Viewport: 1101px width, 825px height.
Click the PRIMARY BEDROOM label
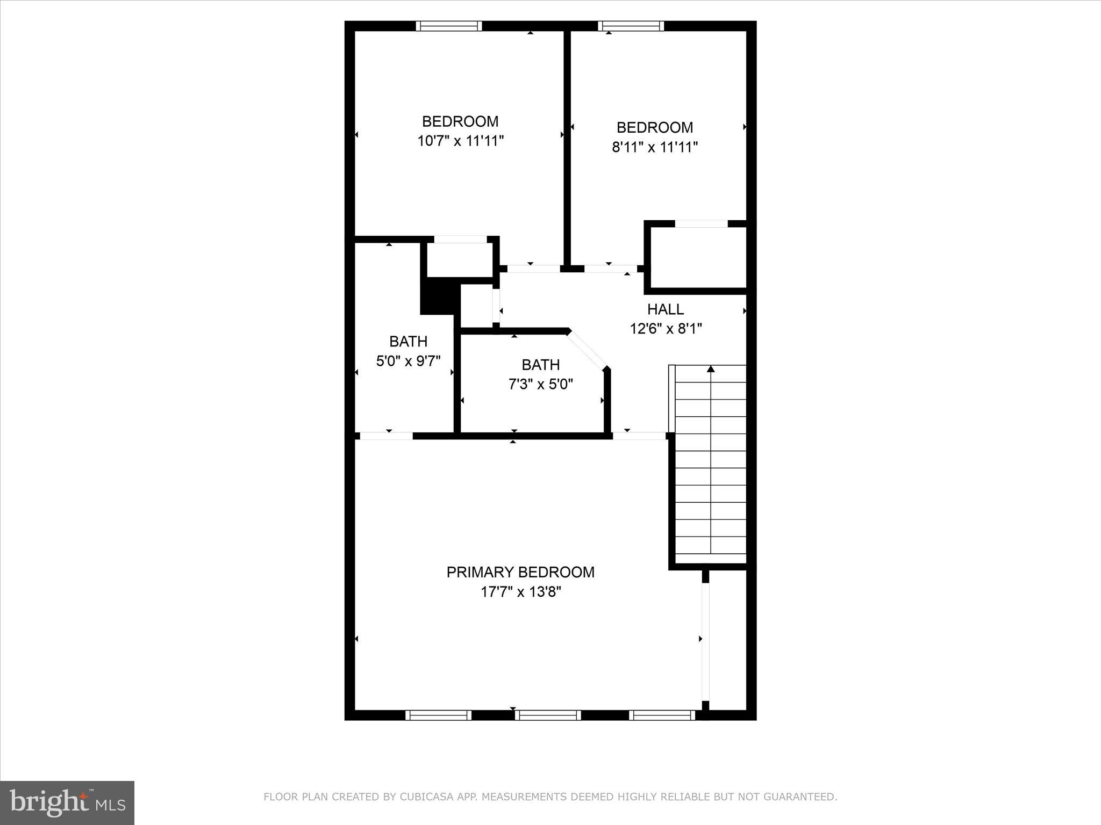point(520,572)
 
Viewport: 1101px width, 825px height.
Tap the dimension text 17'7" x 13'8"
point(520,592)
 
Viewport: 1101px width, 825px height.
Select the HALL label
point(665,309)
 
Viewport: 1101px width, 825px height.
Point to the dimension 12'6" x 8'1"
point(666,328)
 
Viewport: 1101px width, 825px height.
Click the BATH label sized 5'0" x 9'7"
point(408,341)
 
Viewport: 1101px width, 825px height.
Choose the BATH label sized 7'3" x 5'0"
point(540,365)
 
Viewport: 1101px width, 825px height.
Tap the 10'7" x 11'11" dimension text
point(460,141)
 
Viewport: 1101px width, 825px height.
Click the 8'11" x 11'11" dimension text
point(654,147)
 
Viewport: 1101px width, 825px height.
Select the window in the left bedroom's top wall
point(449,26)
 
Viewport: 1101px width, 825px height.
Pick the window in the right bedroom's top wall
point(631,26)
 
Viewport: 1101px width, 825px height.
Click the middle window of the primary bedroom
point(548,715)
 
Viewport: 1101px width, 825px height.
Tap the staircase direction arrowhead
point(711,369)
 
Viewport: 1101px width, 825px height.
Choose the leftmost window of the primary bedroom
point(438,715)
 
